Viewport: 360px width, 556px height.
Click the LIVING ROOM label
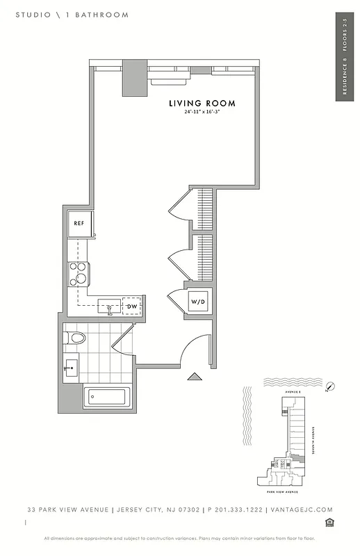coord(202,103)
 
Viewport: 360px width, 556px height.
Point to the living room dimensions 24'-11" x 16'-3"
coord(202,112)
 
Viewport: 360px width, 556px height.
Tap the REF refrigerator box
coord(79,224)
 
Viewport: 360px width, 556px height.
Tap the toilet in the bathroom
coord(74,338)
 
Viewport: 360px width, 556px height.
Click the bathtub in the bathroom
coord(105,398)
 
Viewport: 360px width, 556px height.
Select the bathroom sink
coord(71,369)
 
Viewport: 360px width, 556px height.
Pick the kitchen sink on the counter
coord(109,306)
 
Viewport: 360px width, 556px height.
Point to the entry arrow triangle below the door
coord(195,377)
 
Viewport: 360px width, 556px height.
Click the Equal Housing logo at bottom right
coord(329,522)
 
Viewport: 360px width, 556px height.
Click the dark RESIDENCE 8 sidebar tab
coord(345,57)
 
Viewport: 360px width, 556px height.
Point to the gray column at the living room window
coord(133,78)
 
